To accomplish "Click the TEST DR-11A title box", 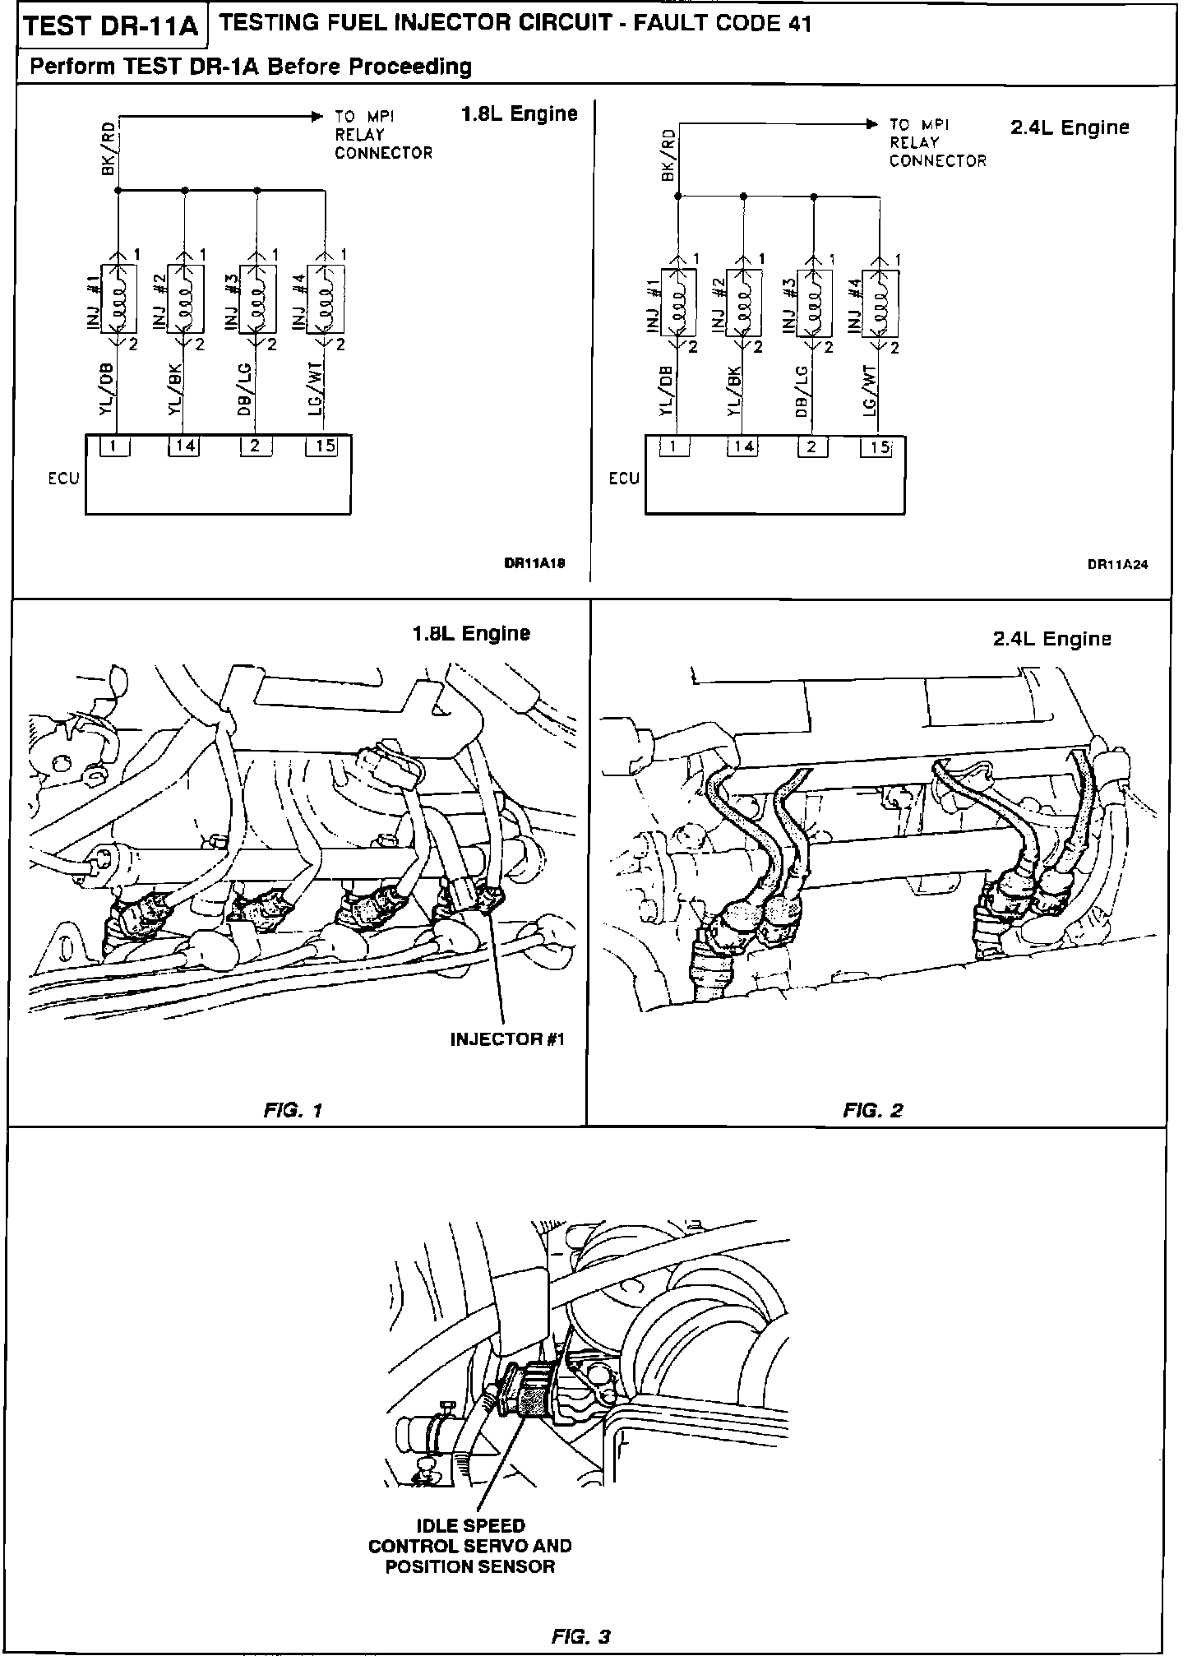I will coord(112,27).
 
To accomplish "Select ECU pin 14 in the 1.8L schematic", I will coord(184,446).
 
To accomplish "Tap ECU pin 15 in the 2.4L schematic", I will coord(879,449).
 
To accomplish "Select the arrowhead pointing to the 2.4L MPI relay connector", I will coord(871,125).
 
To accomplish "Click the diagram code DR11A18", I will coord(534,564).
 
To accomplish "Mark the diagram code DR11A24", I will coord(1118,565).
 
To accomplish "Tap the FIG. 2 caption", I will coord(873,1111).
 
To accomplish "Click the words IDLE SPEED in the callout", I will coord(471,1526).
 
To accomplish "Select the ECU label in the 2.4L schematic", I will coord(624,479).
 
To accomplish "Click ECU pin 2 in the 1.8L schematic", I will coord(255,446).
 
